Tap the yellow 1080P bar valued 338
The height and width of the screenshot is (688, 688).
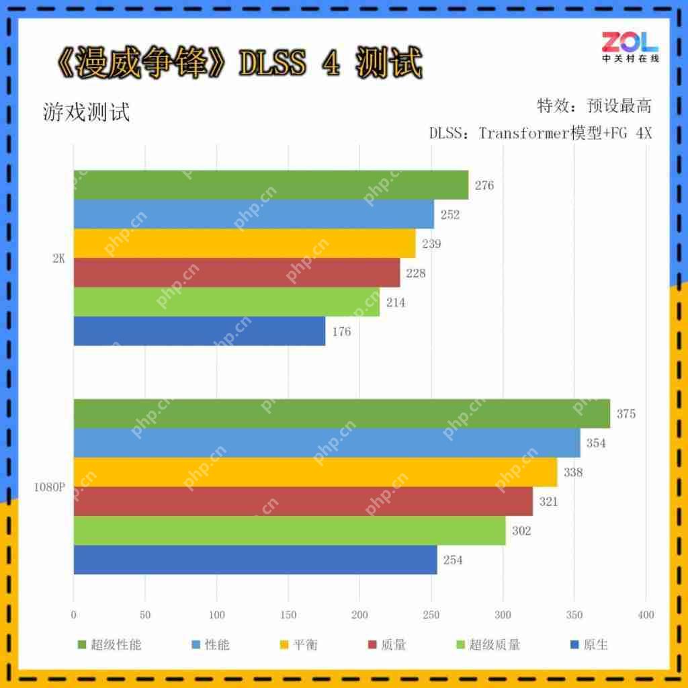pyautogui.click(x=315, y=472)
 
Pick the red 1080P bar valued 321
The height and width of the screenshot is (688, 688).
pyautogui.click(x=303, y=501)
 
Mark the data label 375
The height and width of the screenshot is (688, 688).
pyautogui.click(x=626, y=414)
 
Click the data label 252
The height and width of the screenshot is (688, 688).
pyautogui.click(x=449, y=214)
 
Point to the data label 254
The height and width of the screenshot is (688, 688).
pyautogui.click(x=453, y=560)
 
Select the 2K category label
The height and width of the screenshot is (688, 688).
pyautogui.click(x=58, y=259)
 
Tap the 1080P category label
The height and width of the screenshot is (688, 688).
pyautogui.click(x=50, y=487)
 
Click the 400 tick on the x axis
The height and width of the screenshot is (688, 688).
pyautogui.click(x=645, y=614)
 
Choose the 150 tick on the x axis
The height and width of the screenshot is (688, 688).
pyautogui.click(x=288, y=614)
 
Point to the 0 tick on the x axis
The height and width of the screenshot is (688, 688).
pyautogui.click(x=74, y=614)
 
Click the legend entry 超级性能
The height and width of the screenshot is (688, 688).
pyautogui.click(x=115, y=645)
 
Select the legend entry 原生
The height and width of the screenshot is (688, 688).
pyautogui.click(x=595, y=645)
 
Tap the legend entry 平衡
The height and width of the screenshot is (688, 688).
pyautogui.click(x=305, y=645)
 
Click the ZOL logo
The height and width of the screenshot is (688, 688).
pyautogui.click(x=630, y=45)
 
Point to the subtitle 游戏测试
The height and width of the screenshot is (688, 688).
pyautogui.click(x=86, y=112)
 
